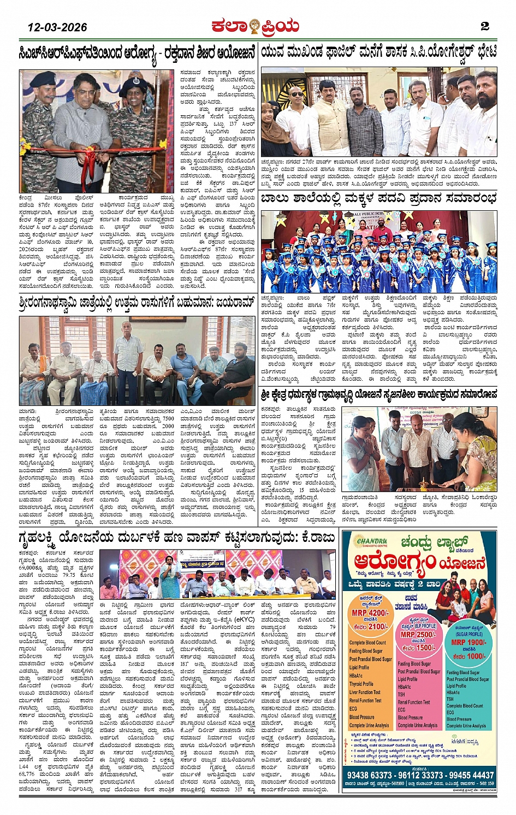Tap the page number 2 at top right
click(x=484, y=26)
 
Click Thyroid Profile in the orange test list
click(x=361, y=683)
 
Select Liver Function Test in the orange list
click(x=365, y=692)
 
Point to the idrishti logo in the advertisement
click(x=466, y=741)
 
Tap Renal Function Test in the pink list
click(x=414, y=702)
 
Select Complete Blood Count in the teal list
click(x=465, y=706)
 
